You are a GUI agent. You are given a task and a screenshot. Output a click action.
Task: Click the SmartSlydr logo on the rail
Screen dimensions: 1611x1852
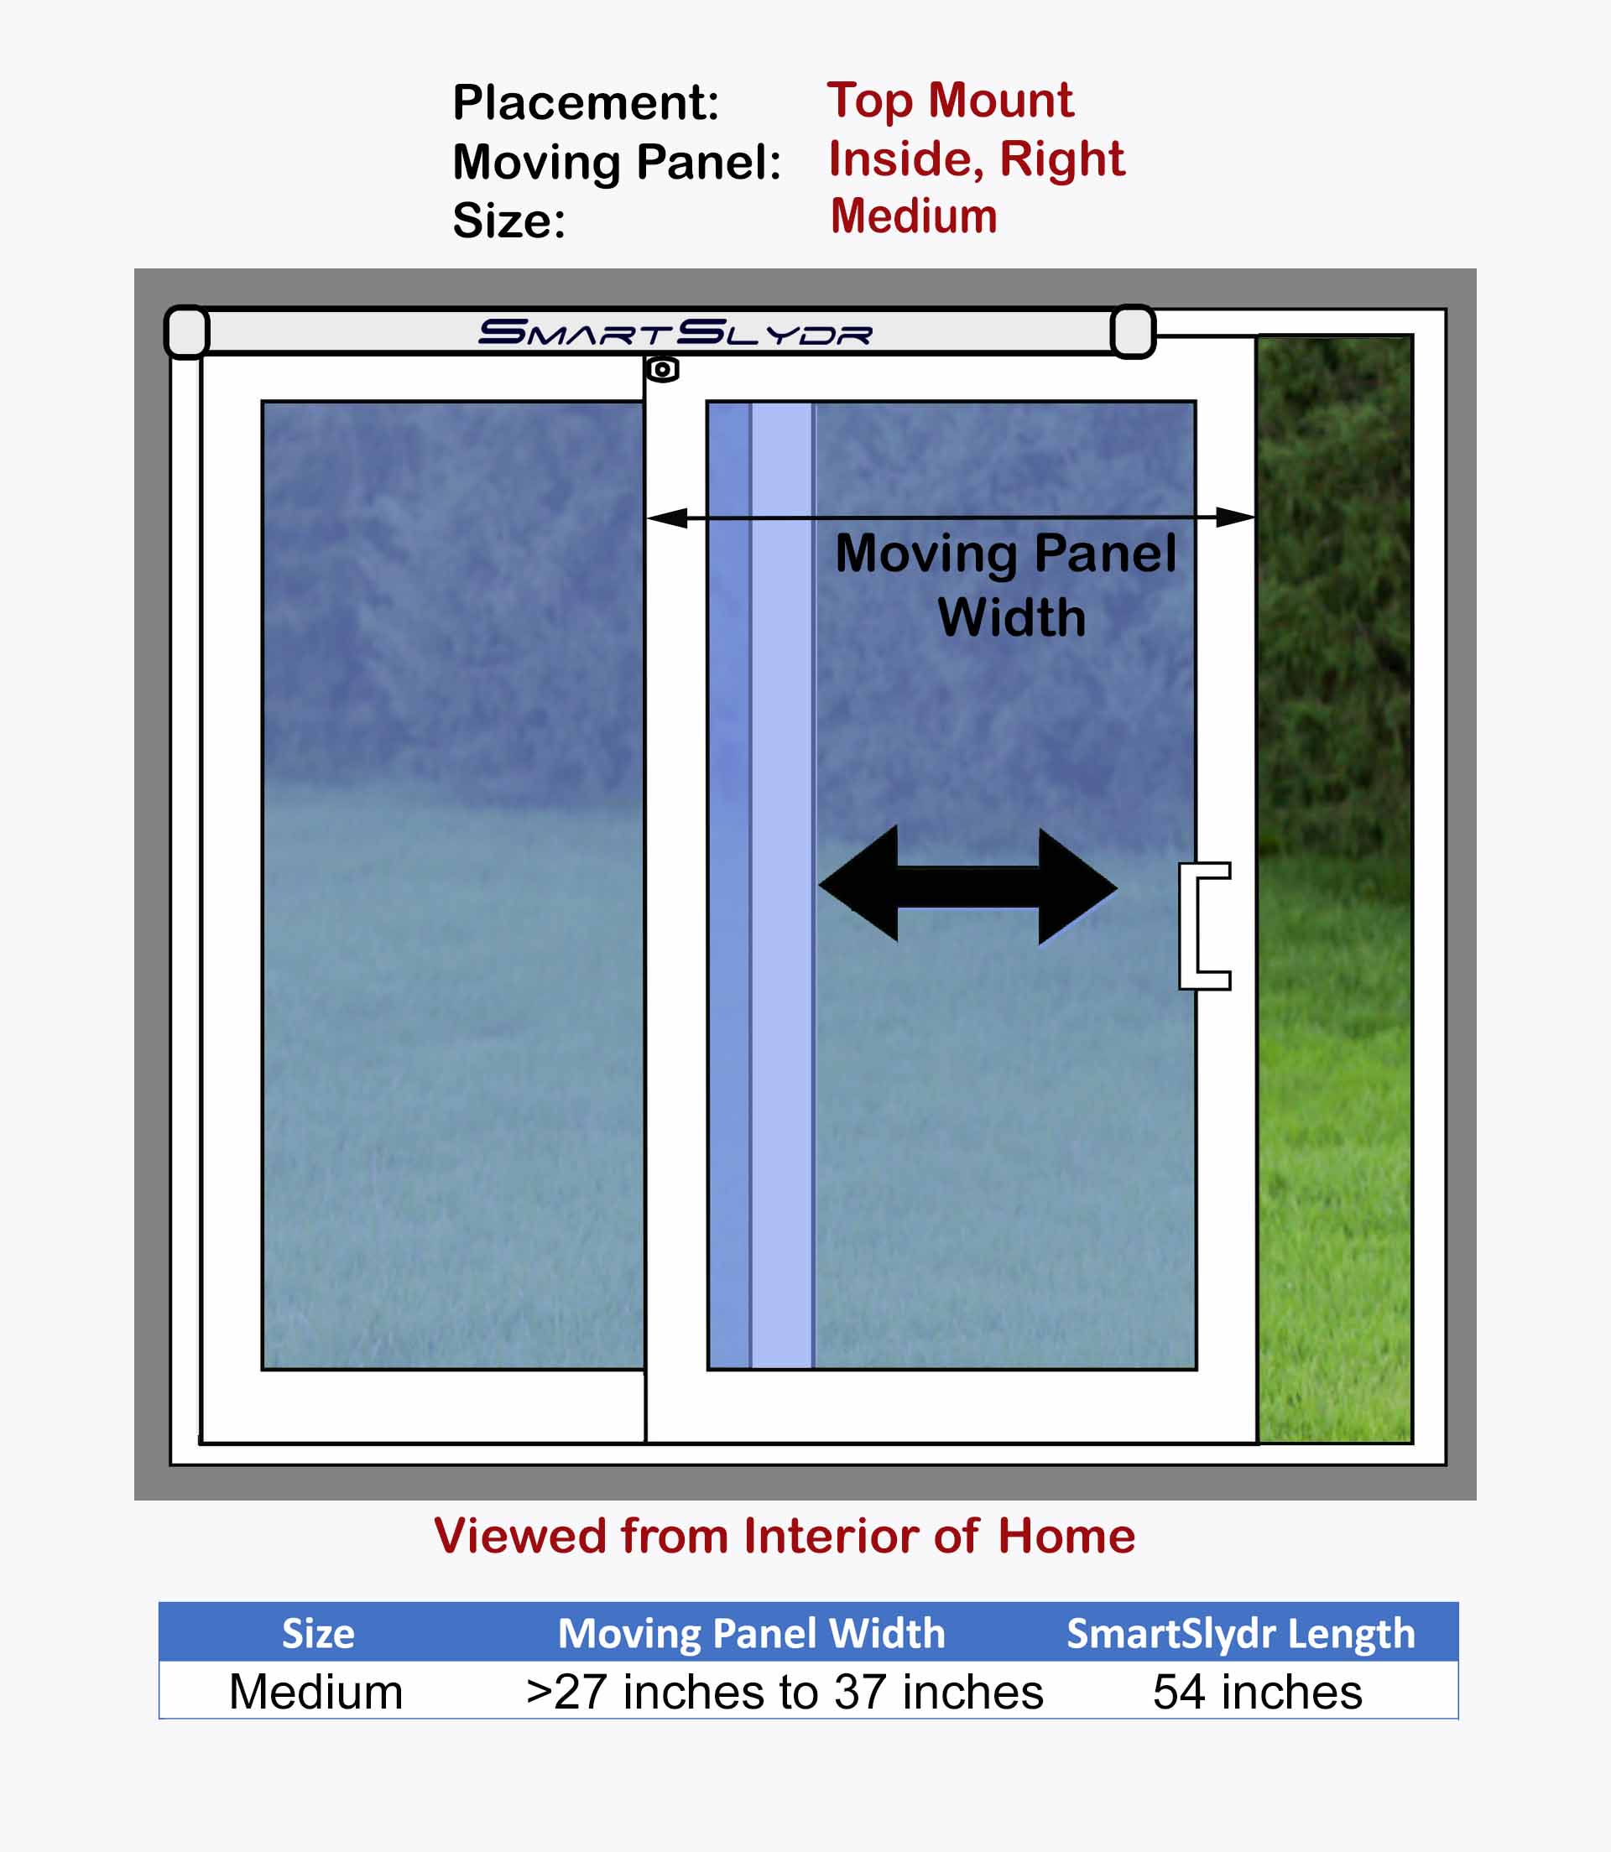(x=675, y=332)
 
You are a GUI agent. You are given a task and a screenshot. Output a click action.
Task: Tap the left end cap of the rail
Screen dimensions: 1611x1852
(x=187, y=331)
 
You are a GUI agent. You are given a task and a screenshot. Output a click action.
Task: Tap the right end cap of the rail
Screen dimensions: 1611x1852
(x=1133, y=331)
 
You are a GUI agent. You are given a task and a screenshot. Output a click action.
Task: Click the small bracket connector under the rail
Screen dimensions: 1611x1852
(x=662, y=369)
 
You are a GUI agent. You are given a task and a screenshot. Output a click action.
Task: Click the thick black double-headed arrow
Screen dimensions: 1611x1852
(x=968, y=886)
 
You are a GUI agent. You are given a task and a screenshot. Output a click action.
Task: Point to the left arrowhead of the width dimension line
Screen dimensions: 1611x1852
(x=667, y=518)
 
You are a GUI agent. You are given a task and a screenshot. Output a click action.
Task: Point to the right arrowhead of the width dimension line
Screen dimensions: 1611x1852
(x=1235, y=517)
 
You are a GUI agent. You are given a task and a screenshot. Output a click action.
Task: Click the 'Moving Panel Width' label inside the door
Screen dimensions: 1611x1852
(x=1006, y=585)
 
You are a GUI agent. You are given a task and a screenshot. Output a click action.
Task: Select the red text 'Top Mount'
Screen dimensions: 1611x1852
(x=950, y=101)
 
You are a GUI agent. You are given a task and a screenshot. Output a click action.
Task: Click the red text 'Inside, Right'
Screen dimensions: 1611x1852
(x=977, y=160)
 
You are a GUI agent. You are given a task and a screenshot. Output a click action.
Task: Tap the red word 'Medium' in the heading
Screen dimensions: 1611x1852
(x=914, y=216)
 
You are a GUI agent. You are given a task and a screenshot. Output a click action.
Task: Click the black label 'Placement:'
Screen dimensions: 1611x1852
(x=587, y=102)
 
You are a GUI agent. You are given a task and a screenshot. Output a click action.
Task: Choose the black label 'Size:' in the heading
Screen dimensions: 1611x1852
(x=508, y=221)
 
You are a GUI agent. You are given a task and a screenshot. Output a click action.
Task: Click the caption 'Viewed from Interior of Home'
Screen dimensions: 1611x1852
(x=785, y=1536)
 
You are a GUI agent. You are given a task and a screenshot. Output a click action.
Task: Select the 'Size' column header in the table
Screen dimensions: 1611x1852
(x=318, y=1634)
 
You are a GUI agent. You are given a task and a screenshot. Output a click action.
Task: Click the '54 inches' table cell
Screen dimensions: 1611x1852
(x=1258, y=1693)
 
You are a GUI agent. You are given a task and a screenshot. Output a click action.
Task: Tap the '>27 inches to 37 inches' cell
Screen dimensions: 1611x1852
(x=785, y=1693)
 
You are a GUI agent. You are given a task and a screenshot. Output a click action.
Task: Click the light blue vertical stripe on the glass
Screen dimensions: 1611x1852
(x=781, y=885)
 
